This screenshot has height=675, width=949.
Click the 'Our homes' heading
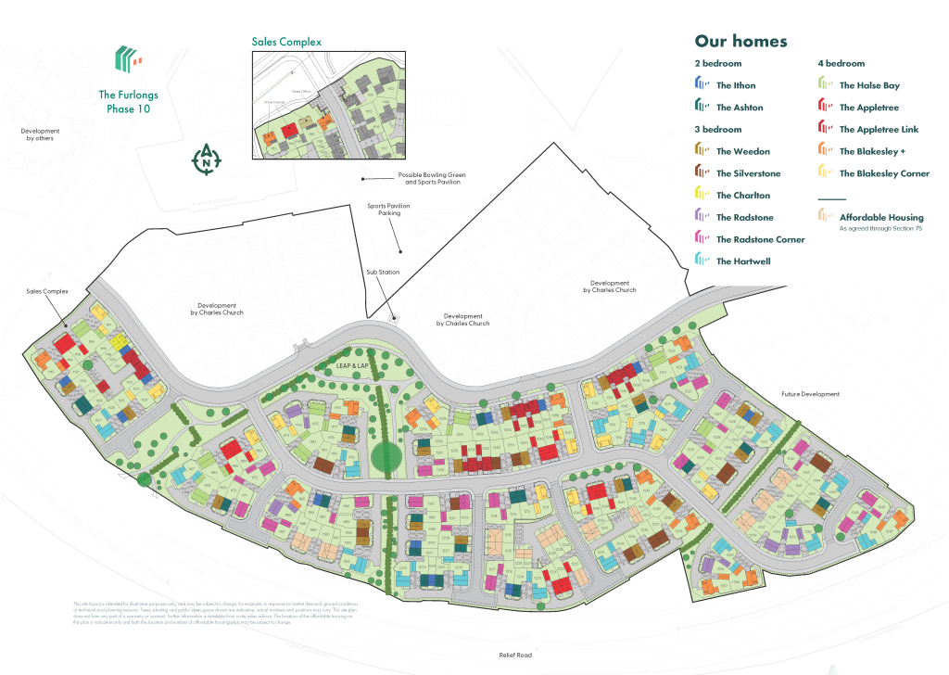point(740,42)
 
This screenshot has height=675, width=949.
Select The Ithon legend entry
point(735,85)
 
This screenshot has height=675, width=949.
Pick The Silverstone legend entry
point(748,173)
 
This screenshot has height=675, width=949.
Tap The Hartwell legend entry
point(742,261)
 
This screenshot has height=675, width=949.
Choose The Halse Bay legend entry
point(868,85)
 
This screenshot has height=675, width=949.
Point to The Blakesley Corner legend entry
point(883,173)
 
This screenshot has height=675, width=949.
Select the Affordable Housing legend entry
point(880,218)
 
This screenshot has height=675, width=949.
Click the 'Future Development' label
point(809,394)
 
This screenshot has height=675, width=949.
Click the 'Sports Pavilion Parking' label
point(383,210)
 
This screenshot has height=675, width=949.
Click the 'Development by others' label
point(40,134)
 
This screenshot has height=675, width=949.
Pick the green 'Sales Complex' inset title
point(286,42)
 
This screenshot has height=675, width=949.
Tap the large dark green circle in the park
point(387,457)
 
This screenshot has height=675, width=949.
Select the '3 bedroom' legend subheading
point(718,130)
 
